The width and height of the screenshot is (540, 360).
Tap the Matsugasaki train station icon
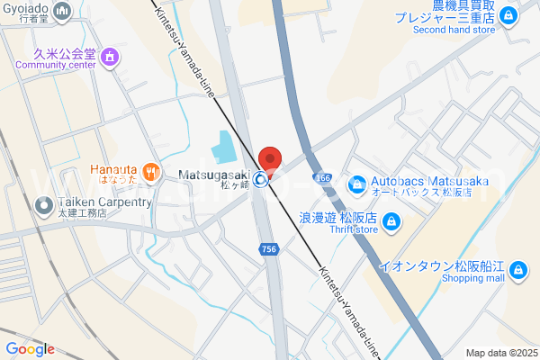(260, 179)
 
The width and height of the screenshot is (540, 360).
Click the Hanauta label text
(112, 169)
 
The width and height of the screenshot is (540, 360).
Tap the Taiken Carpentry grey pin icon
(42, 206)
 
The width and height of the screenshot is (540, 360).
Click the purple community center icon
(111, 58)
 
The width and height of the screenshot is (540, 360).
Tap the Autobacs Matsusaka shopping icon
(357, 183)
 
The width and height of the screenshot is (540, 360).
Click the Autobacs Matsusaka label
(430, 182)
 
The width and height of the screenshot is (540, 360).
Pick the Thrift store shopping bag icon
(391, 220)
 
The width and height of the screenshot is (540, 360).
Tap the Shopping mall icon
(517, 268)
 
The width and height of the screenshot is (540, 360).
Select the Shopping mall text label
(472, 278)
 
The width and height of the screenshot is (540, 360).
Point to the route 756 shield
(267, 247)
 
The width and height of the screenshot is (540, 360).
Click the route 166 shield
(324, 178)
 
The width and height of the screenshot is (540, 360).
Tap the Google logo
(30, 349)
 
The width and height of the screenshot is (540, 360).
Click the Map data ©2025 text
(500, 353)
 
